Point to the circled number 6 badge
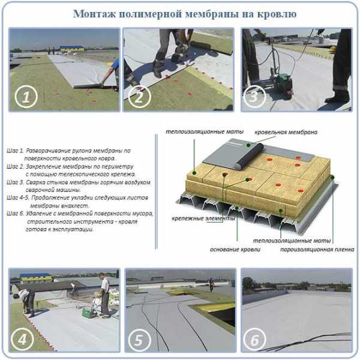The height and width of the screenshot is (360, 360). coord(255,340)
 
